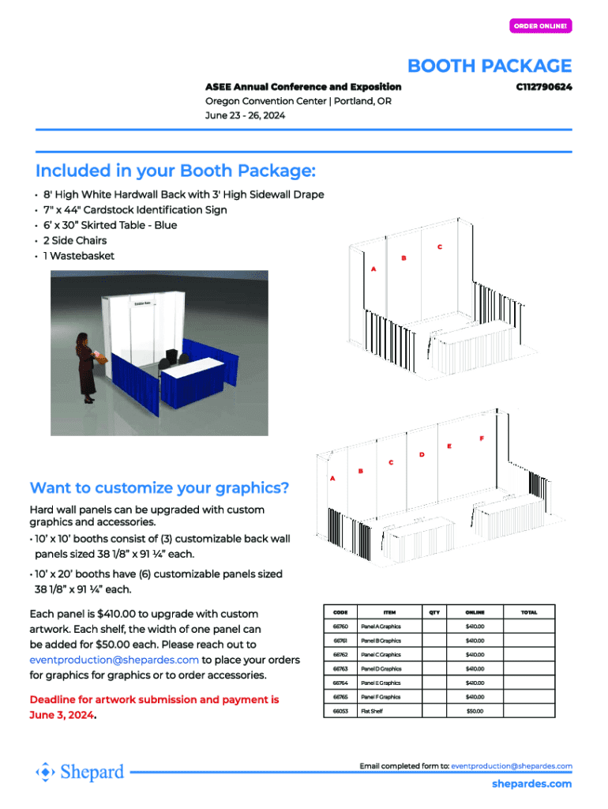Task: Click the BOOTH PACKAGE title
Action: pyautogui.click(x=489, y=66)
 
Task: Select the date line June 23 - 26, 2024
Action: pyautogui.click(x=245, y=115)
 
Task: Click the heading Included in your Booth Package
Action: pyautogui.click(x=175, y=171)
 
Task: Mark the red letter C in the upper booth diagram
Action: pyautogui.click(x=440, y=247)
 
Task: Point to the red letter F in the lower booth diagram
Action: pyautogui.click(x=481, y=438)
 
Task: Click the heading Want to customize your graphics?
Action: pyautogui.click(x=159, y=487)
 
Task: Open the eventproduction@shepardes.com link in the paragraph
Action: pyautogui.click(x=114, y=660)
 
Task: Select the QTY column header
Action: pyautogui.click(x=434, y=612)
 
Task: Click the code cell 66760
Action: pyautogui.click(x=340, y=627)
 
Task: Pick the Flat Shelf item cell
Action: pyautogui.click(x=372, y=711)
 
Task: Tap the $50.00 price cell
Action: pyautogui.click(x=475, y=711)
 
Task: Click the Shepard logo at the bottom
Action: pyautogui.click(x=81, y=772)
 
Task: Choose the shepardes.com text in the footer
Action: pyautogui.click(x=531, y=784)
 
